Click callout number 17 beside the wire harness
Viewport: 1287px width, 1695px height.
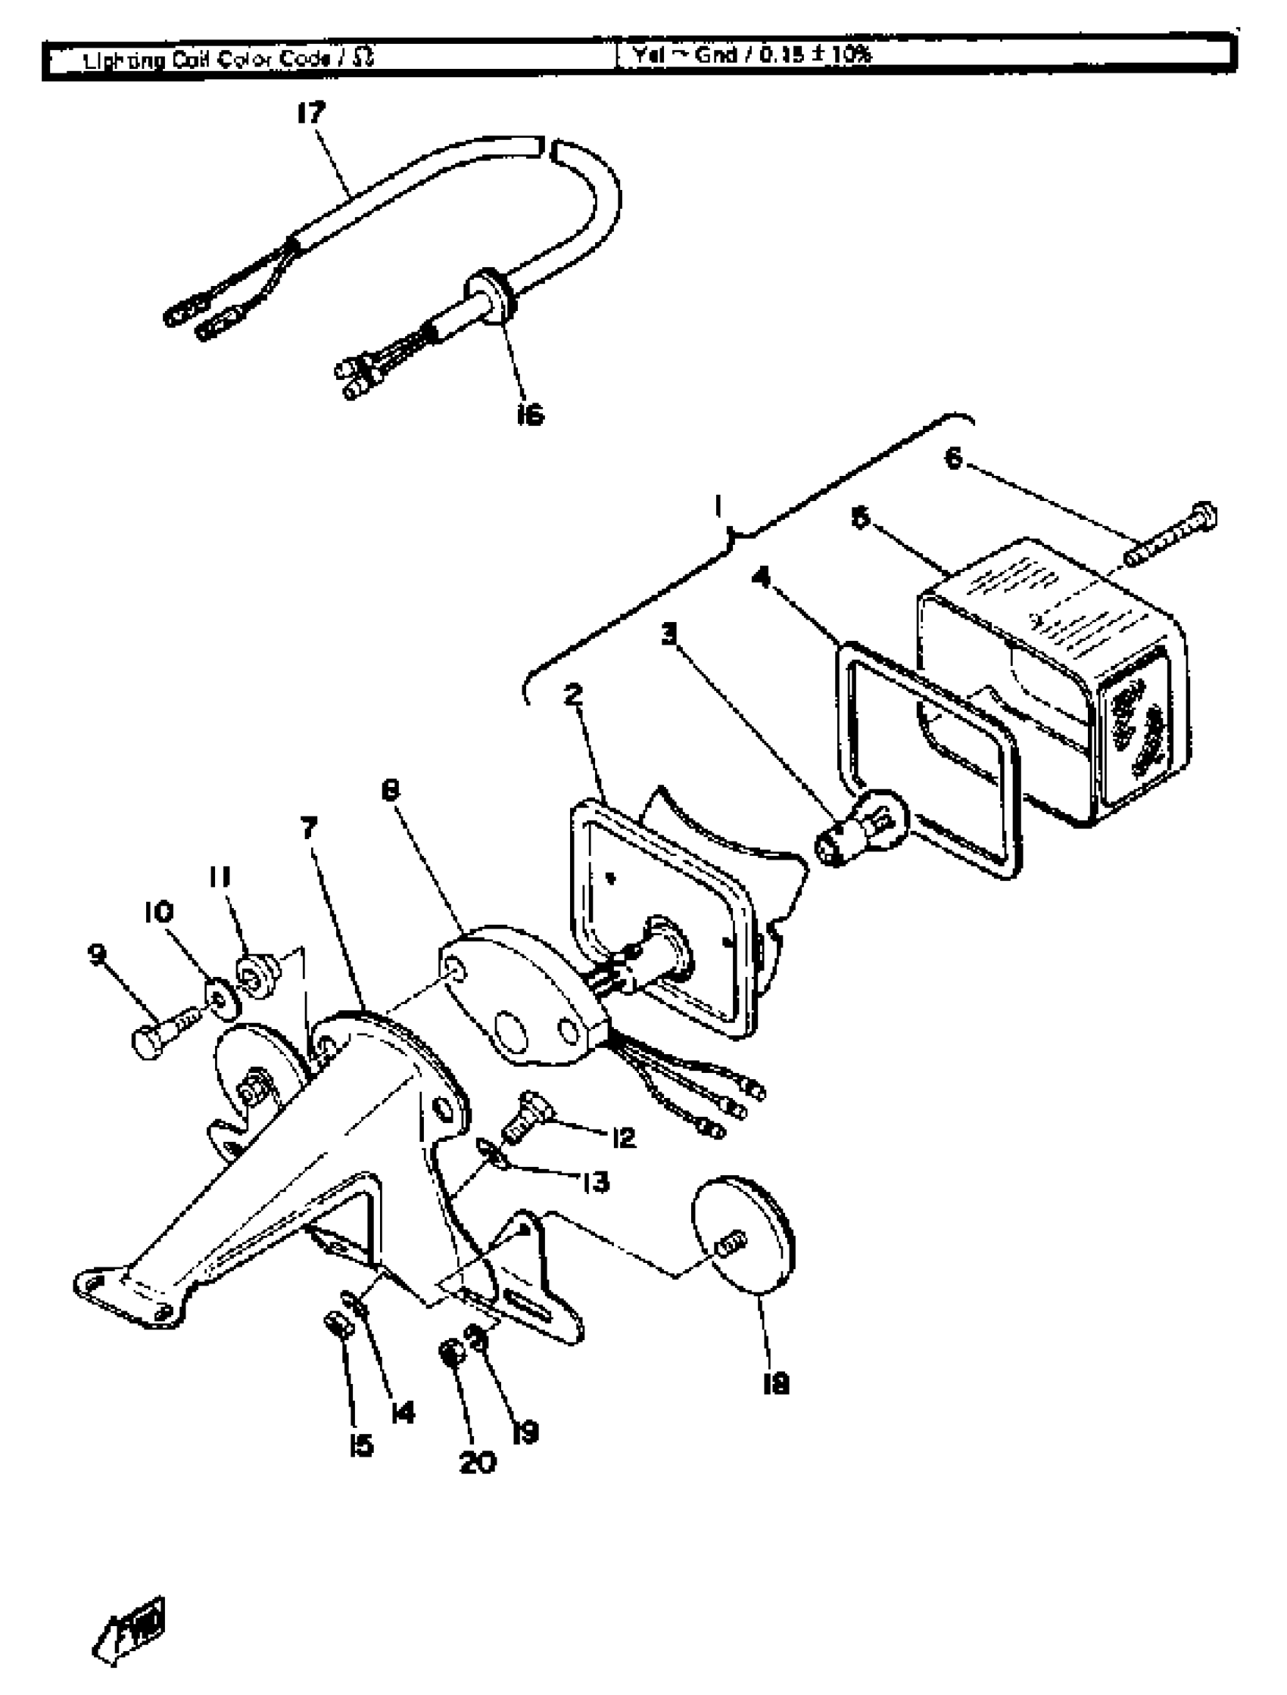tap(311, 113)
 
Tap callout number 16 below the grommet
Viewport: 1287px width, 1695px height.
tap(530, 415)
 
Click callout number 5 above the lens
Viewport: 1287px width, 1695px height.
tap(861, 518)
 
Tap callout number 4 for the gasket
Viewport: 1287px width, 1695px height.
tap(761, 577)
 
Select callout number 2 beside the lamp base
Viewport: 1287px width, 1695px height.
tap(572, 695)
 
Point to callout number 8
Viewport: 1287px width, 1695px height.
tap(391, 790)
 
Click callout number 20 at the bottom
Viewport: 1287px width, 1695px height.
tap(478, 1462)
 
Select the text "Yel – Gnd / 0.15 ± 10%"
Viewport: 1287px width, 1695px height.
tap(752, 55)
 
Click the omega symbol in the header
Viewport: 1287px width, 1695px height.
tap(365, 58)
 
